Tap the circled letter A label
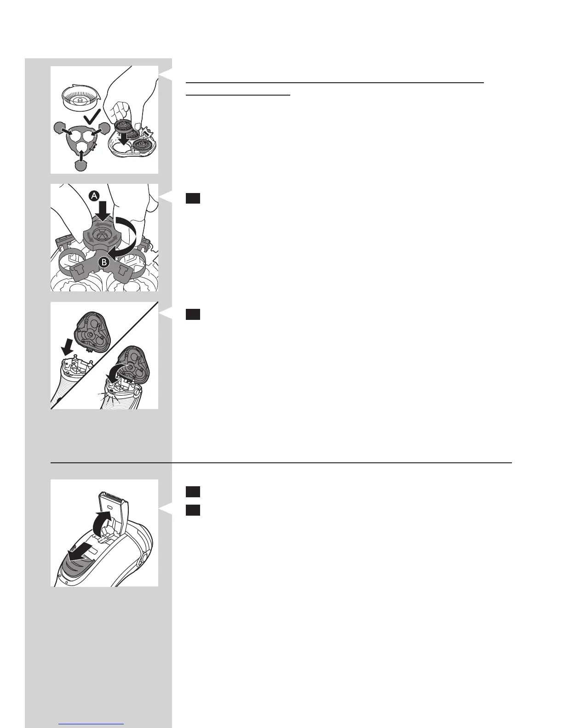coord(95,196)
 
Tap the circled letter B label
coord(104,262)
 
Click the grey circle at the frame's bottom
coord(81,165)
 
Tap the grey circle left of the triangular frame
coord(59,128)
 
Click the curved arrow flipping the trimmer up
coord(102,525)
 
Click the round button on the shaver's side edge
coord(144,558)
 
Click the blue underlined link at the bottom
coord(91,723)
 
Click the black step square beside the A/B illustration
coord(193,199)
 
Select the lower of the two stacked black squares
coord(193,510)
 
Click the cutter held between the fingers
coord(123,126)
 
